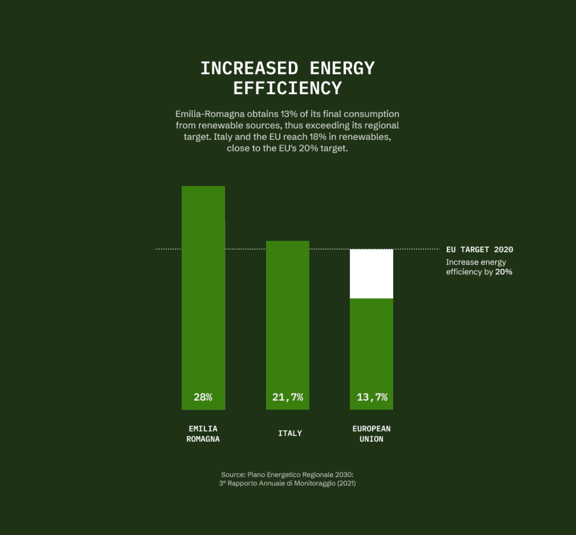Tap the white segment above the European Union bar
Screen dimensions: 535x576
tap(372, 274)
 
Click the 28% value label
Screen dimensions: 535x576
tap(203, 397)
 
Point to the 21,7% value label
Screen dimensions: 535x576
tap(288, 397)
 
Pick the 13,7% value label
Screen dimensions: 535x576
tap(372, 397)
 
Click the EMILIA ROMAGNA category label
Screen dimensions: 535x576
tap(203, 434)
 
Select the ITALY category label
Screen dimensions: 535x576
tap(290, 433)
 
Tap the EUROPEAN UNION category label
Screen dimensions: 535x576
tap(372, 434)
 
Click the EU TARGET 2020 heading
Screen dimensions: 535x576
tap(479, 250)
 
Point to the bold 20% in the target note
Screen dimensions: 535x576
tap(503, 272)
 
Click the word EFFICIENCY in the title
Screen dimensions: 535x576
tap(288, 88)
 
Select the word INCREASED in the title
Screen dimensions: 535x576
tap(249, 68)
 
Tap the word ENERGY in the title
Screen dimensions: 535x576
tap(342, 68)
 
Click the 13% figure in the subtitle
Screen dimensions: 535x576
tap(289, 114)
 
